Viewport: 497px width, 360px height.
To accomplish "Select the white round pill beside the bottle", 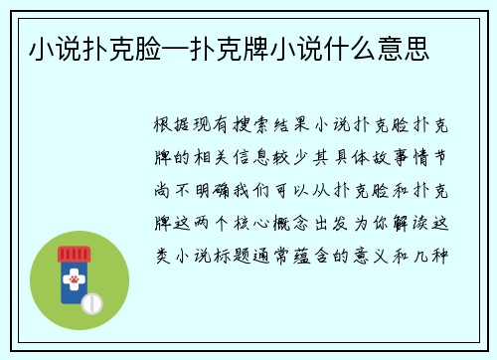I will (91, 300).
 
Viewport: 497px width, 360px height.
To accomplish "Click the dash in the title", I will (176, 46).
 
